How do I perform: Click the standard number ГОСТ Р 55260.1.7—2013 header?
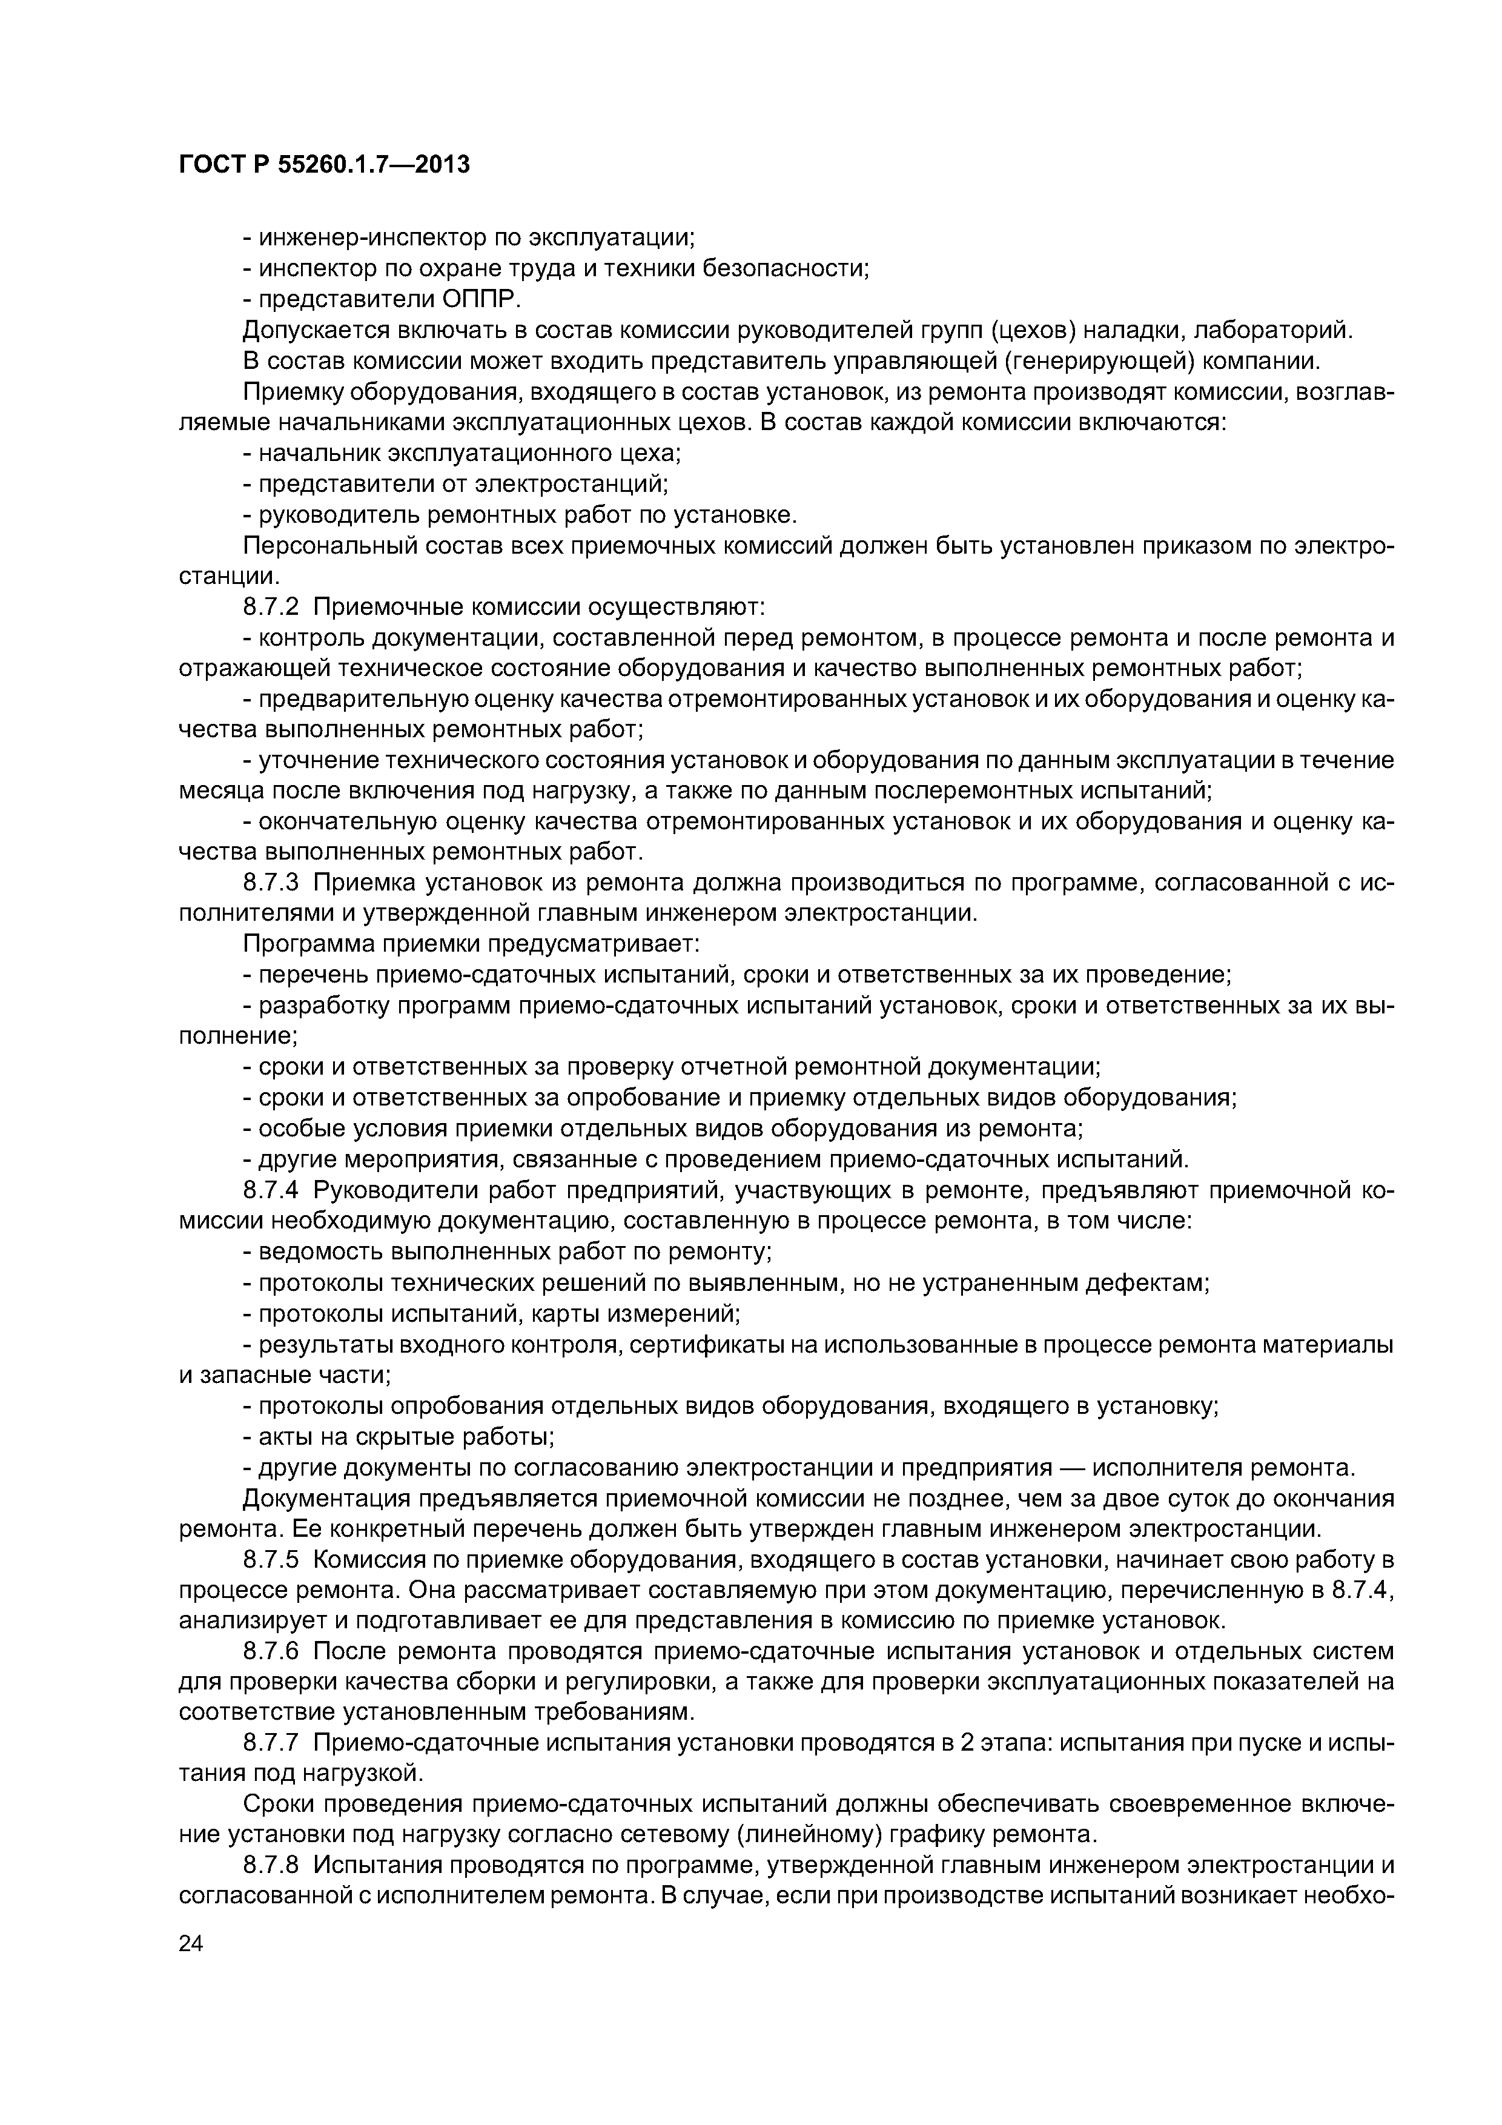(324, 165)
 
